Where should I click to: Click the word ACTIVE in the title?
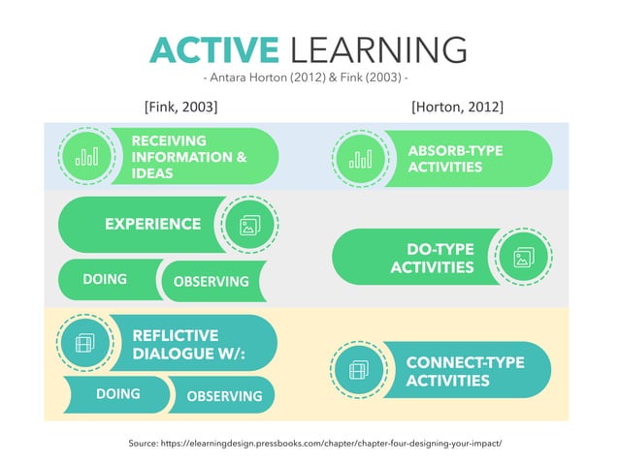point(212,51)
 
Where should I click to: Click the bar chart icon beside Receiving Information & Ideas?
point(86,156)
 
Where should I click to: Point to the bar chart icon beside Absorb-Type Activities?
point(360,159)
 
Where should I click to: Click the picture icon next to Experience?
point(248,227)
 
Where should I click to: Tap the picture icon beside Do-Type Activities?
point(524,257)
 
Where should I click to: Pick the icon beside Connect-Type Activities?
point(359,370)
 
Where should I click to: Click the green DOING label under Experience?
point(105,280)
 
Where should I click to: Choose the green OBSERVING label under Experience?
point(211,282)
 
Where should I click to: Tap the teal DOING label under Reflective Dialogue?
point(117,394)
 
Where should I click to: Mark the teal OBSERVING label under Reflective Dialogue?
point(224,396)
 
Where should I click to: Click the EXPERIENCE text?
point(152,225)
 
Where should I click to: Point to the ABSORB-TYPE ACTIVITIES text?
point(455,160)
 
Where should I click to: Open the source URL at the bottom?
point(315,443)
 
